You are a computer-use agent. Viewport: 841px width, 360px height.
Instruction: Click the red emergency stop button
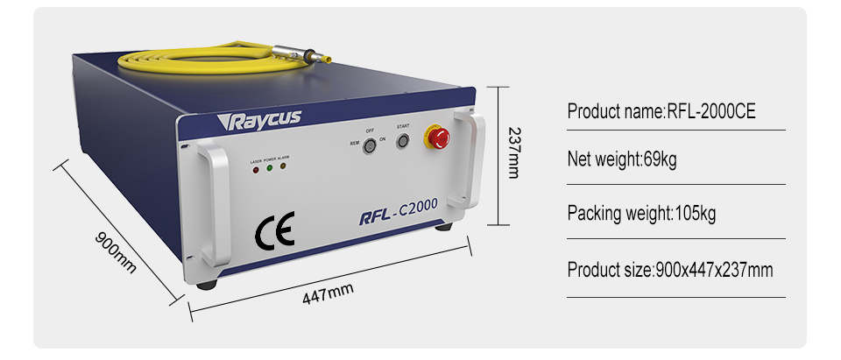436,136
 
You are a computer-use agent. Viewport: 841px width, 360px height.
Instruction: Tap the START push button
403,140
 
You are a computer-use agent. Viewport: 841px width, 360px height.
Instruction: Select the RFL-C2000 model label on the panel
399,213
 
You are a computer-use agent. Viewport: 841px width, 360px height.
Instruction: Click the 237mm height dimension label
513,155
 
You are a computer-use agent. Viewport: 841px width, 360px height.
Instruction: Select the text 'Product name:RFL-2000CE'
661,111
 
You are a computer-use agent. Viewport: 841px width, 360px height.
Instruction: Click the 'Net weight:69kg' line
622,161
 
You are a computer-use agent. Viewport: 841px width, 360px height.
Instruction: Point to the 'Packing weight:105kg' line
642,214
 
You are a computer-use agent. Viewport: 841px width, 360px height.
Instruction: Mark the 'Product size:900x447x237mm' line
670,270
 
